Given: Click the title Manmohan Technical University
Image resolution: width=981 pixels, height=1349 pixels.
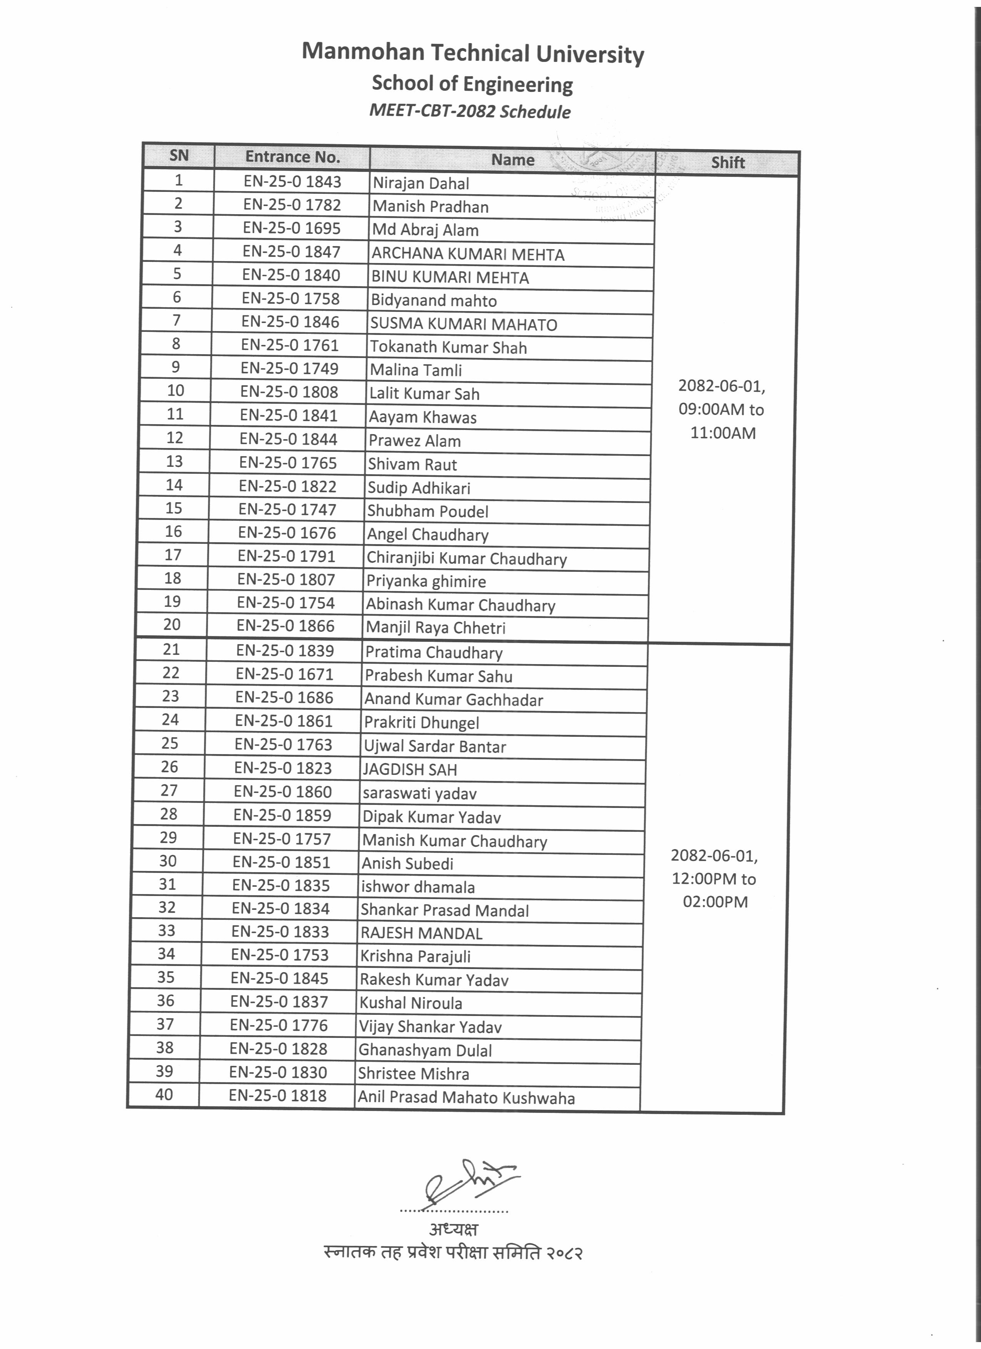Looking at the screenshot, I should tap(472, 53).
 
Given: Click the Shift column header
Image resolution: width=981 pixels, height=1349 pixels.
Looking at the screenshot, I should tap(727, 162).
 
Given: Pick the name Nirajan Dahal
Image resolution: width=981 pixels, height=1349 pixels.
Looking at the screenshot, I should tap(420, 183).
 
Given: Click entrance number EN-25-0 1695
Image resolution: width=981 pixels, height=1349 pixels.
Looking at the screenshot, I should tap(292, 228).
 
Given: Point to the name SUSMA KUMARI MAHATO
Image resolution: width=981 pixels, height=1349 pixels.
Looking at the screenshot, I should tap(464, 324).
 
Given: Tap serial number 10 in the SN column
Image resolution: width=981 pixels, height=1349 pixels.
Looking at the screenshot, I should tap(175, 391).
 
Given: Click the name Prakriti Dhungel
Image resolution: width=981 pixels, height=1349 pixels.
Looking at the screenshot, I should tap(421, 723).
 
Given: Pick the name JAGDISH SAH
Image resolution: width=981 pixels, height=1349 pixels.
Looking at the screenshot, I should tap(410, 769).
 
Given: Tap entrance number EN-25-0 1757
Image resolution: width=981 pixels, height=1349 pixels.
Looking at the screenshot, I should tap(282, 839).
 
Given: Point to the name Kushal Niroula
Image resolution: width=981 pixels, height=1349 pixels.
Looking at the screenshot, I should tap(410, 1003).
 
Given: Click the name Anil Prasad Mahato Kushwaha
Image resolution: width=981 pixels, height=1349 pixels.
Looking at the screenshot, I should tap(466, 1098).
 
